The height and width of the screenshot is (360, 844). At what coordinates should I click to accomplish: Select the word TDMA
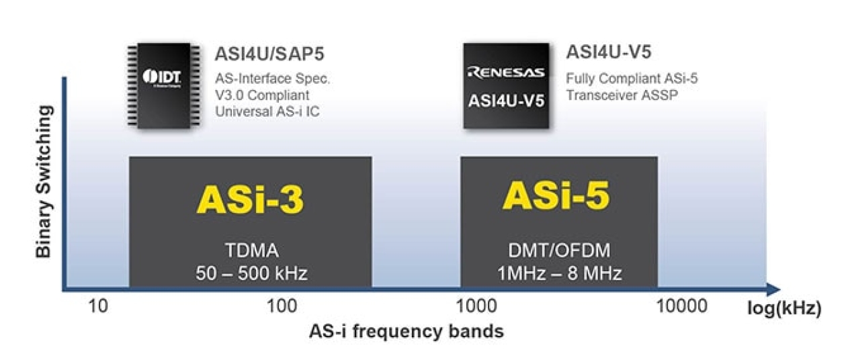[x=251, y=252]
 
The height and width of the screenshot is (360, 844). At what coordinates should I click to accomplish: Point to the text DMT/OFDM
[x=558, y=252]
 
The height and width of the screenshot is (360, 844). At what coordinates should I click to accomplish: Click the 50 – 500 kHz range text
[x=251, y=273]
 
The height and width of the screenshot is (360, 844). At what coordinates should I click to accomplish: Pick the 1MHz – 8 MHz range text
[x=559, y=273]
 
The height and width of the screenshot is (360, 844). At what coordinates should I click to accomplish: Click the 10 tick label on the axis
[x=98, y=307]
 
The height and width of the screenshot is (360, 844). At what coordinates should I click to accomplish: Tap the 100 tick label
[x=282, y=307]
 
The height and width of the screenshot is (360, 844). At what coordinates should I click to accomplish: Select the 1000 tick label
[x=476, y=307]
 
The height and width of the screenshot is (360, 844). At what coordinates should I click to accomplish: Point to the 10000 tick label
[x=682, y=307]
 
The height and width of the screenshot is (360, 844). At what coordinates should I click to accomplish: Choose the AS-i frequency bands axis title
[x=407, y=331]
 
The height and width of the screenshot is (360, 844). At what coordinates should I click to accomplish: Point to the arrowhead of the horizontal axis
[x=773, y=289]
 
